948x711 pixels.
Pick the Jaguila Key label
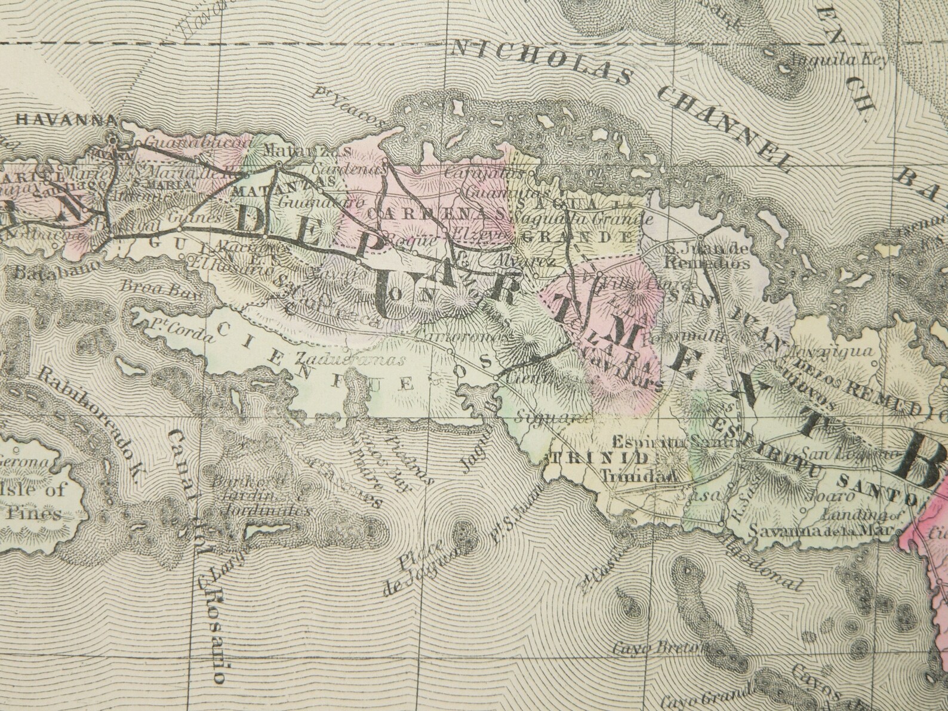[839, 60]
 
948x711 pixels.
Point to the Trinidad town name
[638, 477]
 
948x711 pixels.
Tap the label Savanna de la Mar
[821, 530]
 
